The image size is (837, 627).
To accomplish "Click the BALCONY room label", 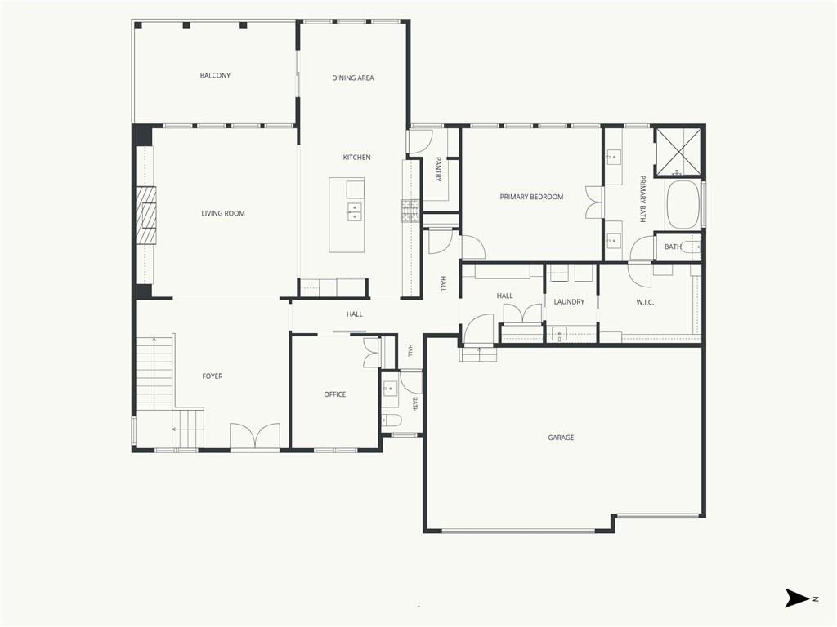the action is click(x=215, y=76).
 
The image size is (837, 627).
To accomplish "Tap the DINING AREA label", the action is click(x=353, y=78).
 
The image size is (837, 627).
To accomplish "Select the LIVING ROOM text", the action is click(x=223, y=213).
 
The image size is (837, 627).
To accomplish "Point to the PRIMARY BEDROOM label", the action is click(x=531, y=197).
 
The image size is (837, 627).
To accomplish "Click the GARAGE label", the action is click(x=561, y=438).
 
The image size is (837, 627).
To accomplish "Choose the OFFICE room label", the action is click(x=334, y=394).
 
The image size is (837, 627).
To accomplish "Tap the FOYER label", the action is click(x=213, y=376).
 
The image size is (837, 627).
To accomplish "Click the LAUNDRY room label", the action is click(x=569, y=302).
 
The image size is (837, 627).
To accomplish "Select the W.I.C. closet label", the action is click(x=645, y=302).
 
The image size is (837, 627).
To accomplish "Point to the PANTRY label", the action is click(x=438, y=169).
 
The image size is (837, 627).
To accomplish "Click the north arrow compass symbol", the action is click(x=797, y=598).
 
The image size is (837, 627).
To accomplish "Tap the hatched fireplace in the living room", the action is click(x=145, y=215).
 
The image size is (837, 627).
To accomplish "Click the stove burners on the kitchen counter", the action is click(x=410, y=211).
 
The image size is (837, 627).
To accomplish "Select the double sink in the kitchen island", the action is click(x=354, y=211).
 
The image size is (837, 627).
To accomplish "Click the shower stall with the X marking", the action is click(x=678, y=151).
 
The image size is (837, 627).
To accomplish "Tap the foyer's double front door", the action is click(x=255, y=436).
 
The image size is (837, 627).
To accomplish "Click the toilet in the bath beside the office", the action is click(x=392, y=420).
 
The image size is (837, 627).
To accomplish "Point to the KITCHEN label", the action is click(x=356, y=158).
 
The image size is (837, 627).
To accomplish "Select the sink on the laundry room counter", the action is click(x=559, y=334).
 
